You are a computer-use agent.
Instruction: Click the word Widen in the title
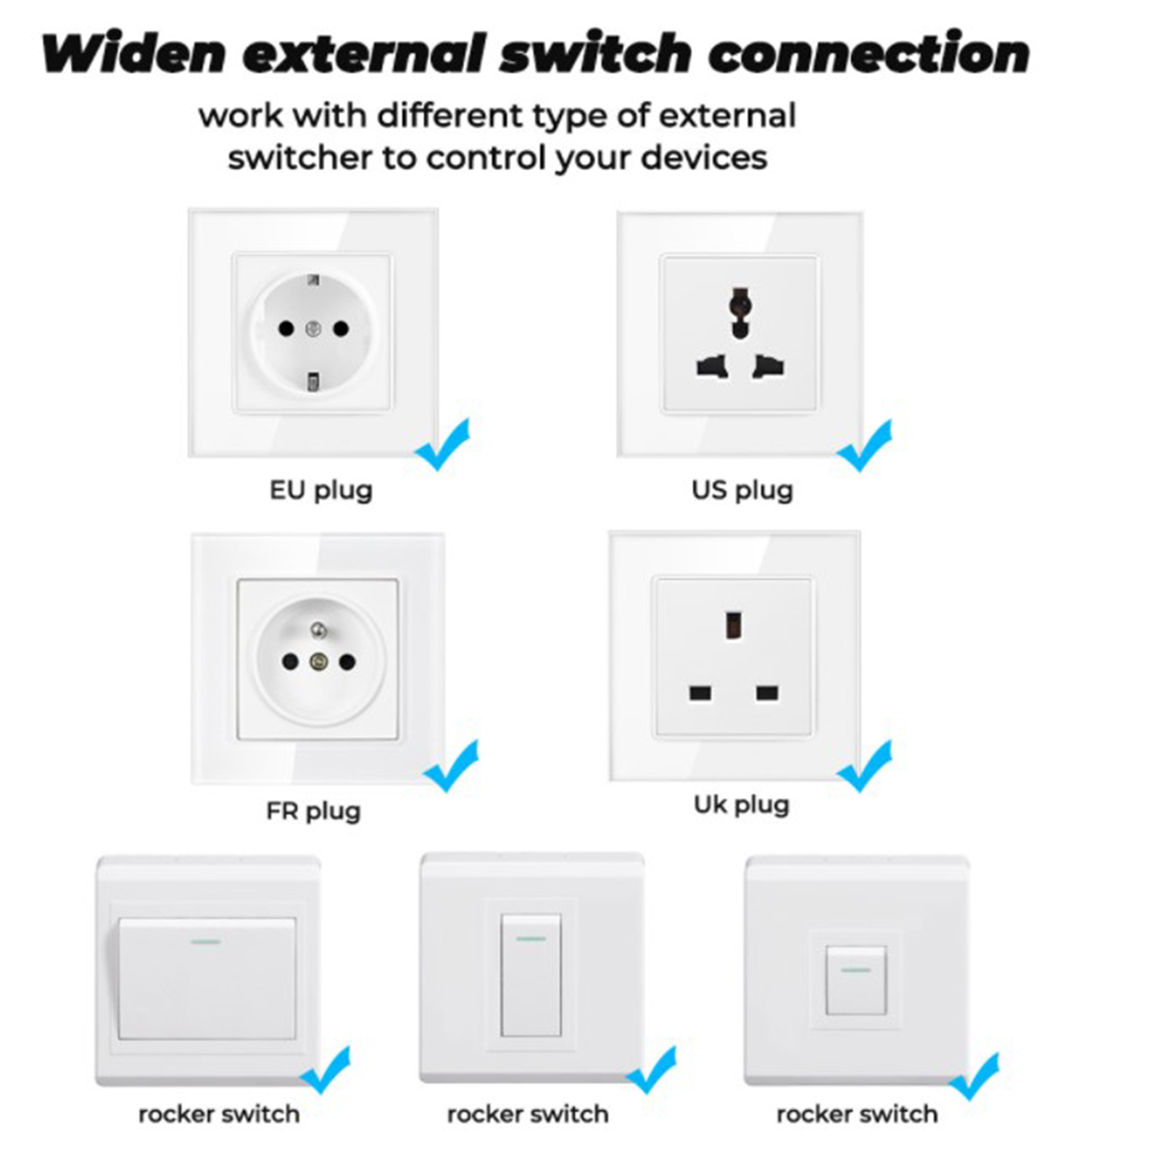click(x=134, y=54)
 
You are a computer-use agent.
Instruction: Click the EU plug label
click(x=321, y=491)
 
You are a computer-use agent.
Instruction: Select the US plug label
click(x=742, y=491)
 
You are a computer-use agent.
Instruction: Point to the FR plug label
click(x=313, y=811)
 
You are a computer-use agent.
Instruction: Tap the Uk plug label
click(x=742, y=805)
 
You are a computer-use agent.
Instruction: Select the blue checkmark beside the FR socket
click(x=451, y=766)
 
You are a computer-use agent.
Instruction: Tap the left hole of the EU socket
click(x=286, y=329)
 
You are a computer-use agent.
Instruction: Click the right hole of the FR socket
click(x=348, y=661)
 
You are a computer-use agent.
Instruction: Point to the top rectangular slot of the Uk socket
click(x=733, y=625)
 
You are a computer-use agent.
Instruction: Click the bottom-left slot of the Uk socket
click(x=700, y=694)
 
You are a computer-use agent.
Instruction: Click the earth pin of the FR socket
click(x=318, y=629)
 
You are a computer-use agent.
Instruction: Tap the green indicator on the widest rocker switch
click(x=206, y=942)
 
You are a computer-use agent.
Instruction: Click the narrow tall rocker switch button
click(x=531, y=975)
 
